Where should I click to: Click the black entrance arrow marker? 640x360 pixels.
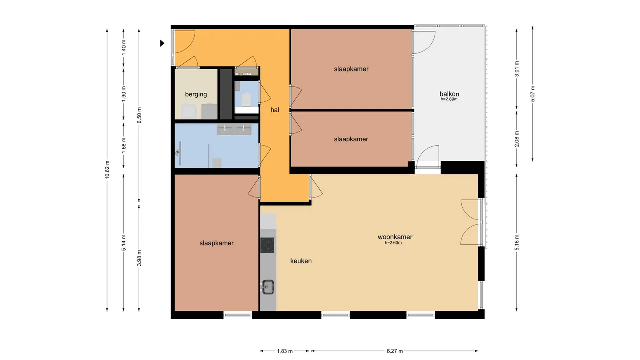tap(162, 43)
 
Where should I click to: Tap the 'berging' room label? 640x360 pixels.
tap(196, 94)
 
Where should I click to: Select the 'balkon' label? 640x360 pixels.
tap(449, 94)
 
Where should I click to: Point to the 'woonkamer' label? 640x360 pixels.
tap(395, 237)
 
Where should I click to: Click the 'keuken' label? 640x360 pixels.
tap(301, 261)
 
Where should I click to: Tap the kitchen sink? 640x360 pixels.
tap(268, 287)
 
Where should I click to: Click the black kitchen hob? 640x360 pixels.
tap(268, 245)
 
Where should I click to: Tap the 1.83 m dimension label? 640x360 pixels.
tap(285, 351)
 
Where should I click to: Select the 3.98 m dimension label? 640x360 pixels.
tap(139, 258)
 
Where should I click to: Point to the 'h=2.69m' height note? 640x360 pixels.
tap(449, 99)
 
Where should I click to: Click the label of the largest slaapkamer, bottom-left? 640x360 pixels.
tap(216, 243)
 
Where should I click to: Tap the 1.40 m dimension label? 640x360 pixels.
tap(124, 47)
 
